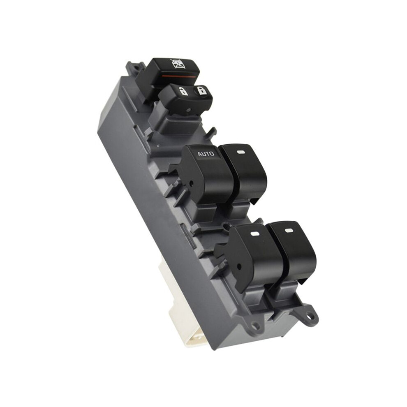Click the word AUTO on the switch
tap(206, 154)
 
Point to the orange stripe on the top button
tap(176, 77)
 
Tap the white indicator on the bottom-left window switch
tap(254, 234)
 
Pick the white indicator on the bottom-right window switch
tap(289, 230)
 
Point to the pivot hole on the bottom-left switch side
tap(239, 266)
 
